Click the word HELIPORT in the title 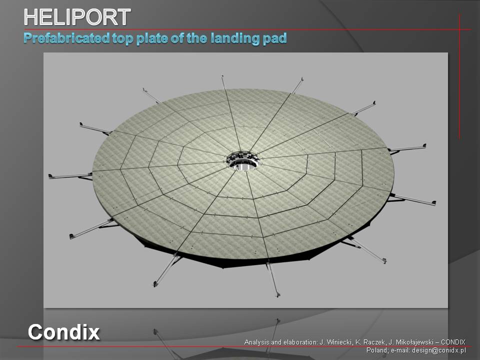[77, 17]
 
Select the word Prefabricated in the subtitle [66, 38]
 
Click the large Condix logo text [63, 332]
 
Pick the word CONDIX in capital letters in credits [453, 342]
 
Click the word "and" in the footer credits [274, 342]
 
